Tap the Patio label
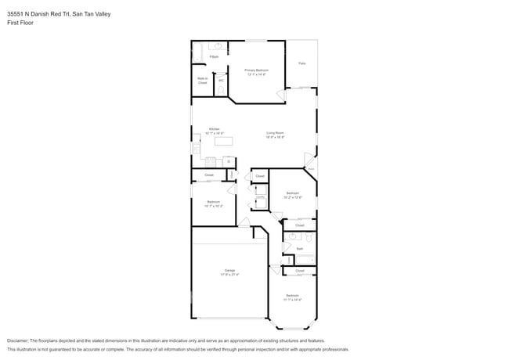pyautogui.click(x=301, y=63)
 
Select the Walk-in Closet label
pyautogui.click(x=202, y=80)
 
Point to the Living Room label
pyautogui.click(x=274, y=135)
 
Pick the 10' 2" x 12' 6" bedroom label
pyautogui.click(x=292, y=195)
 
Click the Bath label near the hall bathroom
pyautogui.click(x=299, y=249)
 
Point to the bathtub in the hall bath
pyautogui.click(x=303, y=259)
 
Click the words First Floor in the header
pyautogui.click(x=20, y=23)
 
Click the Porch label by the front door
pyautogui.click(x=309, y=169)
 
